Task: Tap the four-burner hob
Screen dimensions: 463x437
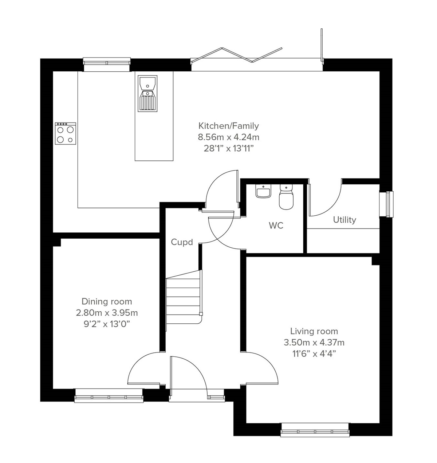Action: click(66, 133)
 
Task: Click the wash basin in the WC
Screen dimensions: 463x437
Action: click(263, 191)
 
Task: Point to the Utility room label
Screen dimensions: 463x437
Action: click(344, 220)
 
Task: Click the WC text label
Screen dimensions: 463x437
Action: click(276, 225)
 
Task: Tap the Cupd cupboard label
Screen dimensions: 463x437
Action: click(182, 242)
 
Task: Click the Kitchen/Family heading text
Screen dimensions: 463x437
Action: click(228, 126)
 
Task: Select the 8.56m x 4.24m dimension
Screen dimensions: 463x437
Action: click(228, 137)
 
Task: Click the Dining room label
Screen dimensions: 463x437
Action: click(107, 301)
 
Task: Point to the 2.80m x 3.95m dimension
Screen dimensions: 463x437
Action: click(107, 312)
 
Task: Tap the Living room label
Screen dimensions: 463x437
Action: click(314, 331)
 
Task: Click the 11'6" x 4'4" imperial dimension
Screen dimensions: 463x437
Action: click(314, 354)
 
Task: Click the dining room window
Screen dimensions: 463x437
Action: click(109, 396)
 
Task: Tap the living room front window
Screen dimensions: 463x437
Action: click(315, 430)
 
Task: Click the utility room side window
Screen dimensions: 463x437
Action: click(386, 204)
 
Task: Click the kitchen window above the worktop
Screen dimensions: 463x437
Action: click(106, 64)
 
